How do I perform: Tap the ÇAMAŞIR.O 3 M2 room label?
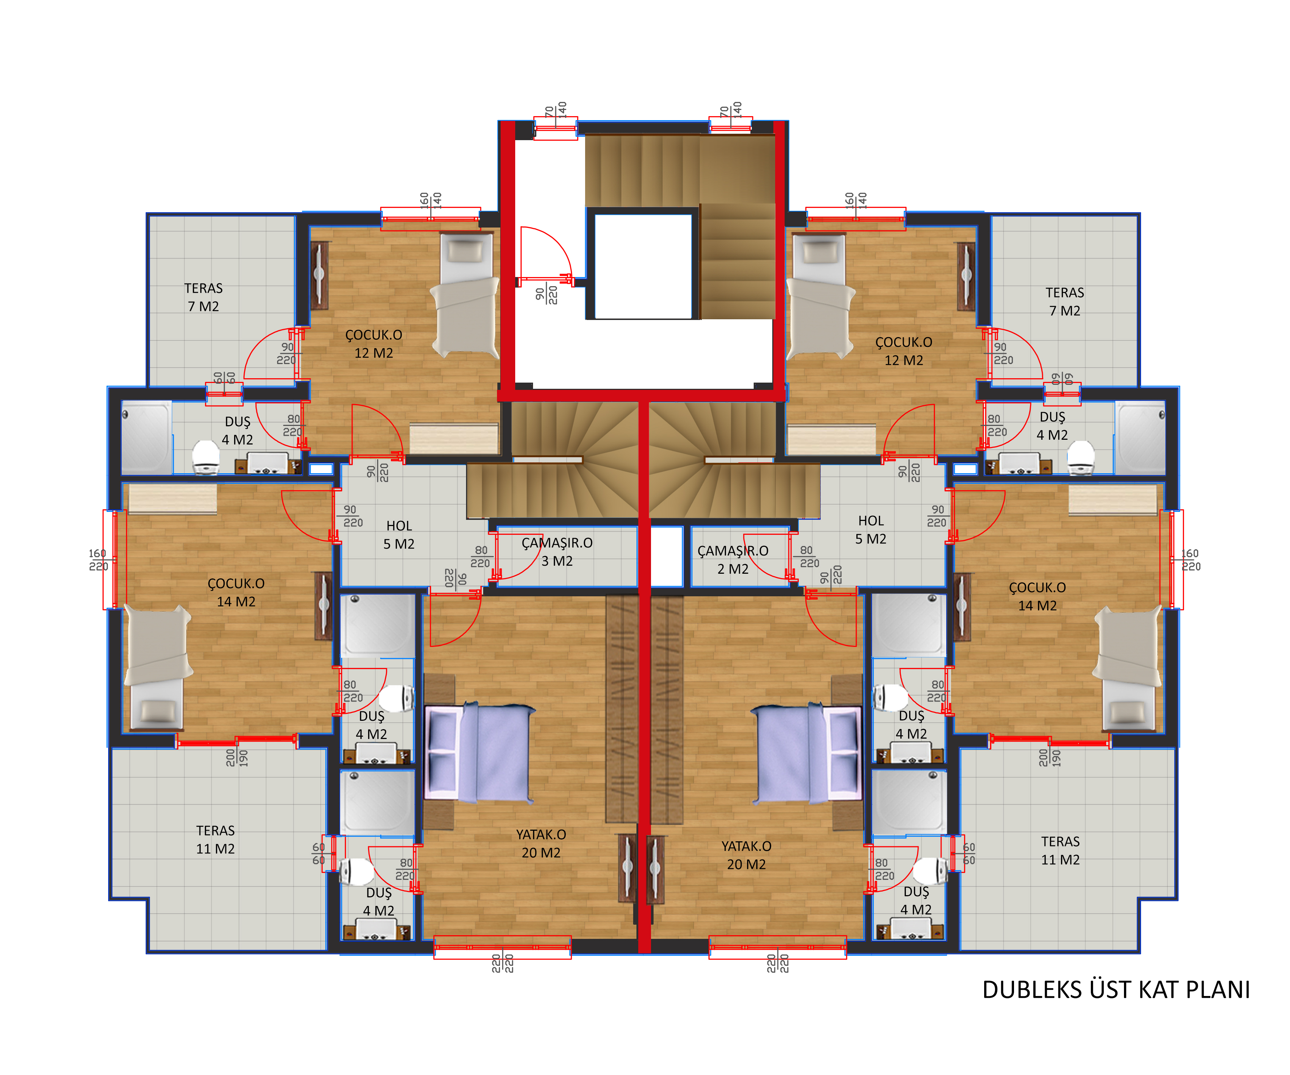pos(557,552)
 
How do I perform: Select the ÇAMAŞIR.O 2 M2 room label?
pos(733,560)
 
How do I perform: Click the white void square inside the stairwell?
pos(643,266)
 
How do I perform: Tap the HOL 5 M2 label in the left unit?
pos(399,534)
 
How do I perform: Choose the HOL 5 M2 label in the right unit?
pos(871,530)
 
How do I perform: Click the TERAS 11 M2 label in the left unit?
pos(216,839)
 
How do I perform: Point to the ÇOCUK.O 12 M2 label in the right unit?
pos(904,351)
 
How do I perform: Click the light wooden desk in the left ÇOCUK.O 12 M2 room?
pos(454,439)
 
